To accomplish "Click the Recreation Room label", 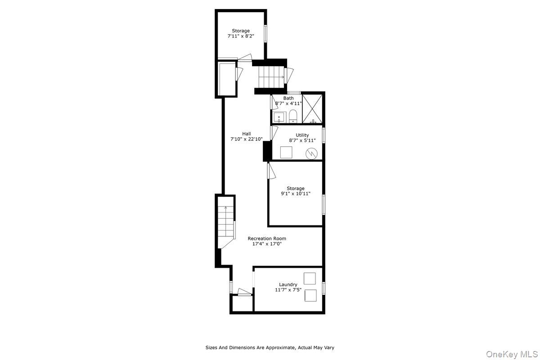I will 267,238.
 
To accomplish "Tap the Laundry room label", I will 288,284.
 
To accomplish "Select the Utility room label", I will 302,135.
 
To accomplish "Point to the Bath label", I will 288,98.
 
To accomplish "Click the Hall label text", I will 247,134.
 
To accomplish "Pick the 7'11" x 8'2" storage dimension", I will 241,36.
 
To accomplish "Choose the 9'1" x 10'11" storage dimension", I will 296,194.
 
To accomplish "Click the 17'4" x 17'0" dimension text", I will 267,244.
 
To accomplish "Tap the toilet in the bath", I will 293,116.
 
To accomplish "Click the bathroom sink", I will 279,118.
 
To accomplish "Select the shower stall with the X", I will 313,108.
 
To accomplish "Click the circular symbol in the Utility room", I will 311,153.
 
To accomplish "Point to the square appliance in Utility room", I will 286,153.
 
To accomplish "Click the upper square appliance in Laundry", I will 310,279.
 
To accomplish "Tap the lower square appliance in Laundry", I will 310,296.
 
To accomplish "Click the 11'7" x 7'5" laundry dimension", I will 288,290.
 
